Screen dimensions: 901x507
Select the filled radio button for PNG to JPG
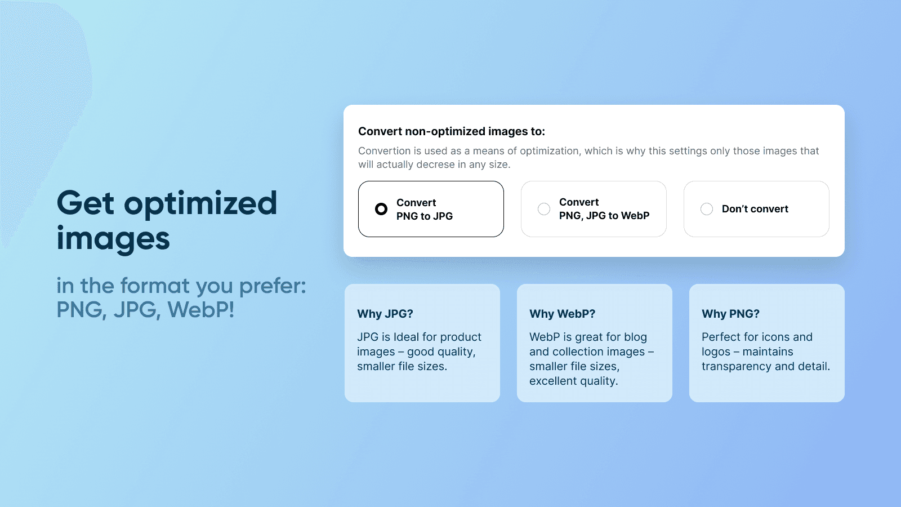[x=381, y=209]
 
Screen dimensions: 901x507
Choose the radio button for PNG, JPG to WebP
[x=544, y=209]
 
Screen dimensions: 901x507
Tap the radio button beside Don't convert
[x=706, y=209]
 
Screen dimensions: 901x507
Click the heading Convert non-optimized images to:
[x=451, y=132]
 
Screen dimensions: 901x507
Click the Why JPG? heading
[x=385, y=313]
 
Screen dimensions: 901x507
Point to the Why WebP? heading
[x=562, y=313]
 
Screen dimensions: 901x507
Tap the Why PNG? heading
[x=730, y=313]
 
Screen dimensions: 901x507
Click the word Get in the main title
[x=85, y=203]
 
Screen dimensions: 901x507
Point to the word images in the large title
[x=113, y=239]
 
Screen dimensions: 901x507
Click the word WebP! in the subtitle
[x=200, y=309]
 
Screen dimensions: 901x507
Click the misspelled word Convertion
[x=384, y=151]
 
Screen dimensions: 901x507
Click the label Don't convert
[x=755, y=209]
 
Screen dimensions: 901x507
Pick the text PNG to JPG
[x=425, y=216]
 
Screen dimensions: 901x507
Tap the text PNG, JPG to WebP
[x=604, y=216]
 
